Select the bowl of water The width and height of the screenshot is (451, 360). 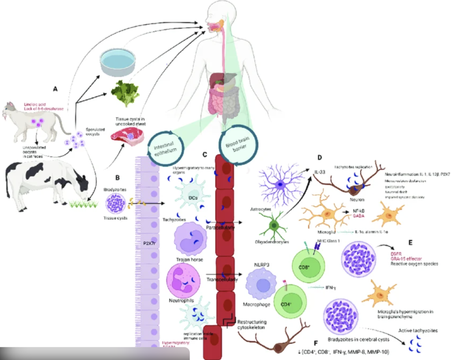[117, 62]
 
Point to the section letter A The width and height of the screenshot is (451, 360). [55, 88]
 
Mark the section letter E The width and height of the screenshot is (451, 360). [410, 242]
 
